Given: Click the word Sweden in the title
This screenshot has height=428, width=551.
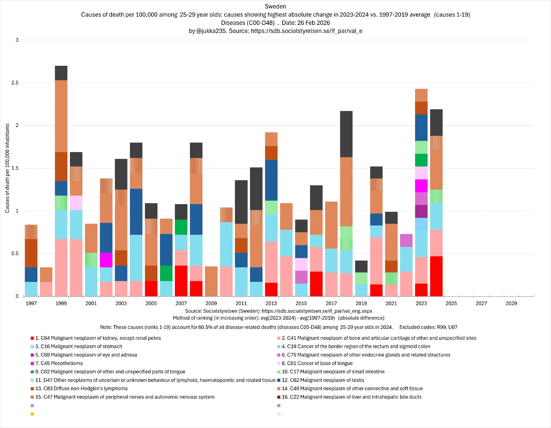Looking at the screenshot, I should click(275, 6).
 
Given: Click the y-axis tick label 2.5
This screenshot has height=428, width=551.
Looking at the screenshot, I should click(15, 83).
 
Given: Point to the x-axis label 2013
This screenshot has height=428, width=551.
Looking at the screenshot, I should click(271, 303).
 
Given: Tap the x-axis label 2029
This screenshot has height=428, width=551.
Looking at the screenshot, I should click(511, 303).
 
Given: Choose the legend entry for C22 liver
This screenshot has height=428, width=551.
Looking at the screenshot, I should click(353, 397).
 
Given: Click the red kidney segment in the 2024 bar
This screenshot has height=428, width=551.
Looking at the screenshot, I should click(436, 276).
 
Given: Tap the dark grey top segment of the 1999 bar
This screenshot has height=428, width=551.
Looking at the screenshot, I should click(61, 73).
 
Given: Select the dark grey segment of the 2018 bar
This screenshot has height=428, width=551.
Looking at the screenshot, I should click(346, 134).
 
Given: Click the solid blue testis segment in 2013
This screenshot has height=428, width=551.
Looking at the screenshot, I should click(271, 180).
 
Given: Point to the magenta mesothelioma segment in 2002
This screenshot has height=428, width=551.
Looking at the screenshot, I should click(106, 260).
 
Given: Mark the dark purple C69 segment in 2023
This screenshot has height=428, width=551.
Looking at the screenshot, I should click(421, 211).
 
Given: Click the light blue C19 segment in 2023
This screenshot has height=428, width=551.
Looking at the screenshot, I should click(421, 224).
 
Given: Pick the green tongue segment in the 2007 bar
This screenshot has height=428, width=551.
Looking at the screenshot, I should click(181, 227).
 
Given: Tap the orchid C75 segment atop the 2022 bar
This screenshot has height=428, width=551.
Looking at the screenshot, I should click(406, 240).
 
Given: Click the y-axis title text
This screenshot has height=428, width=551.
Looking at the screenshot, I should click(7, 168).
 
